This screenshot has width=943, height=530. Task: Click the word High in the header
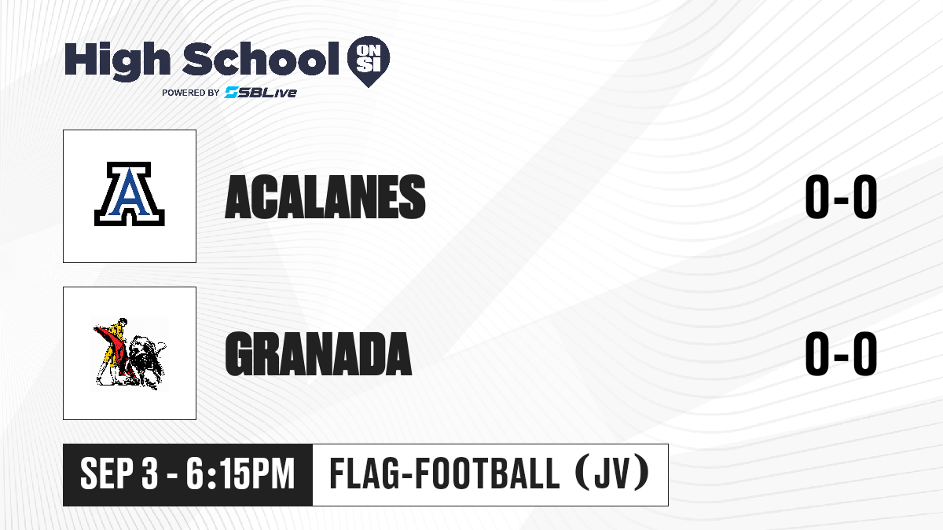(x=117, y=60)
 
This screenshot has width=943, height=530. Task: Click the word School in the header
(x=261, y=59)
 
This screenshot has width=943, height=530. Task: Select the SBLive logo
(x=261, y=92)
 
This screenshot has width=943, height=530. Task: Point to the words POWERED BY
(x=190, y=93)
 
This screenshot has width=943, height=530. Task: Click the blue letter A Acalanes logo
(x=129, y=194)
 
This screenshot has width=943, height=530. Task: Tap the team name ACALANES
(x=325, y=197)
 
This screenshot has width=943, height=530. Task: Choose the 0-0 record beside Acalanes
(x=841, y=196)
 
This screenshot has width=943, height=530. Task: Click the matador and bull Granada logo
(x=130, y=353)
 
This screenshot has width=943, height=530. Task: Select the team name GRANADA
(x=318, y=354)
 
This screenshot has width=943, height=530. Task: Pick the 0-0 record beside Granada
(x=841, y=353)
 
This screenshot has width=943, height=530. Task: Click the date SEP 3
(x=119, y=473)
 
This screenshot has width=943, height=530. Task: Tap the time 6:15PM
(x=240, y=473)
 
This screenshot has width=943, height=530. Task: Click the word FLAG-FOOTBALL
(x=445, y=473)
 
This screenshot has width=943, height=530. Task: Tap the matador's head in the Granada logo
(x=123, y=322)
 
